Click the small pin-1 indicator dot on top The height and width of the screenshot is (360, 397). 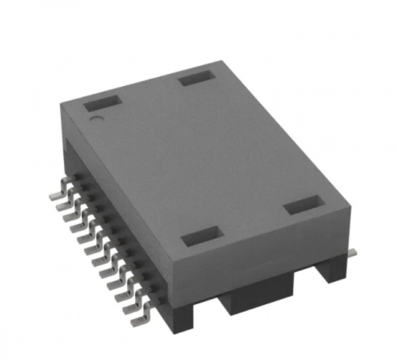pos(96,121)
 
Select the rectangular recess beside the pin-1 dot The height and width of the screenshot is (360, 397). pos(102,104)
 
